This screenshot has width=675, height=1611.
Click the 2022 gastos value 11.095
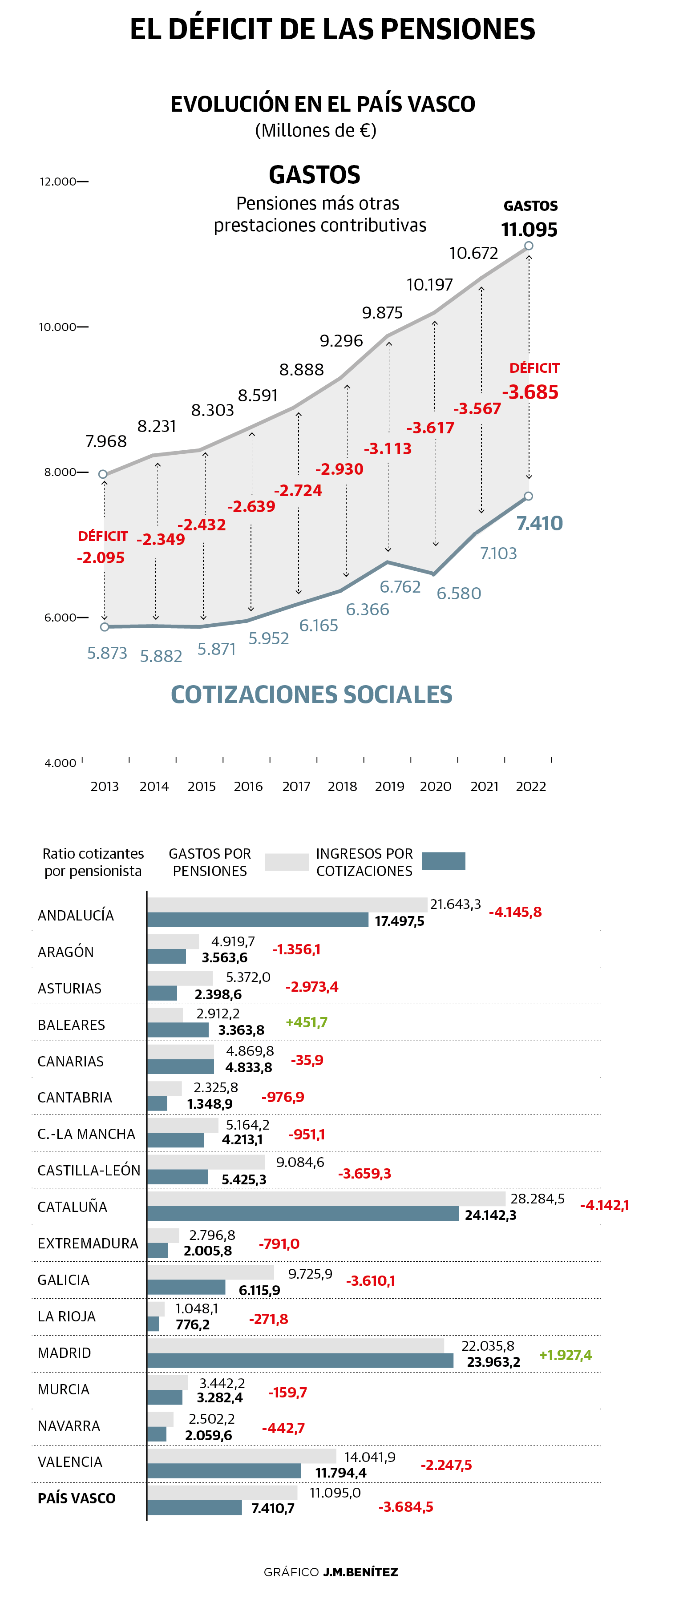click(529, 230)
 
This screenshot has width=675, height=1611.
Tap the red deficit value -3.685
click(530, 392)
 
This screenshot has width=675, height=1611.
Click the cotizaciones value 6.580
click(459, 594)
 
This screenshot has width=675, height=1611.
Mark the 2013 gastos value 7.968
click(106, 441)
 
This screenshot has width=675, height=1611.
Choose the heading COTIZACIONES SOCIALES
click(311, 695)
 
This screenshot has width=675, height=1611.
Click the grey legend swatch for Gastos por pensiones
click(287, 862)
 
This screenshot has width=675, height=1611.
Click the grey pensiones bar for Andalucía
click(287, 904)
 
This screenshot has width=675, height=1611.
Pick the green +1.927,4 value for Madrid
click(565, 1355)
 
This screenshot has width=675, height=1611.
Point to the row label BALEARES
click(71, 1025)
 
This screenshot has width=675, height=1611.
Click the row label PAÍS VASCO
click(77, 1498)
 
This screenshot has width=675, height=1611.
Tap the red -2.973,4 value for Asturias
click(311, 987)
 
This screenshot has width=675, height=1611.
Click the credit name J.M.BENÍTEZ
click(360, 1571)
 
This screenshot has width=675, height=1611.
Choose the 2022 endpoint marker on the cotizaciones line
click(529, 496)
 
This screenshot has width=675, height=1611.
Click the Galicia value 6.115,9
click(259, 1290)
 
